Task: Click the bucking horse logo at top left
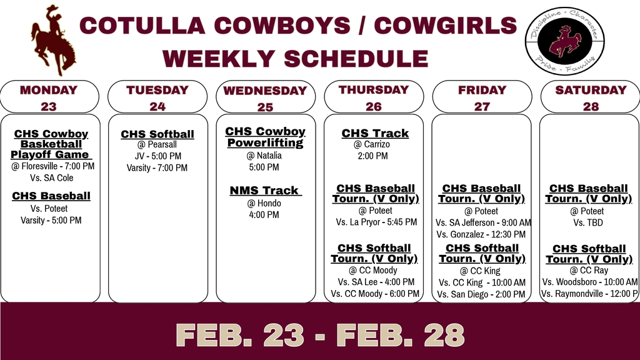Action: click(x=53, y=40)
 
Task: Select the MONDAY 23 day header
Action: click(x=49, y=97)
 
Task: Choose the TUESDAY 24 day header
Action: click(x=157, y=97)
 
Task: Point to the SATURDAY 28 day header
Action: click(x=590, y=97)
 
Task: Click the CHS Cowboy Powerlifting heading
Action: click(x=265, y=137)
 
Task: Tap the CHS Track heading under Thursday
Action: click(x=375, y=133)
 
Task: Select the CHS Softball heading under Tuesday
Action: click(x=157, y=134)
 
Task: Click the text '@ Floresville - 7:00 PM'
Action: click(x=52, y=166)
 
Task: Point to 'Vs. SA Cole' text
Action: click(x=52, y=177)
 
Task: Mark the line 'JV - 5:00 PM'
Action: click(x=157, y=156)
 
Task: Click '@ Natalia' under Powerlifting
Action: click(x=264, y=156)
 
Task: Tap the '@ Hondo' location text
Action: click(x=264, y=203)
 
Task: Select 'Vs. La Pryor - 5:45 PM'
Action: click(x=376, y=222)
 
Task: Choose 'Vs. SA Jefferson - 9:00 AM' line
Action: click(x=482, y=222)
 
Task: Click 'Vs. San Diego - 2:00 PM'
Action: click(x=481, y=294)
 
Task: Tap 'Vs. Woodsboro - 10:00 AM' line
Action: click(x=589, y=282)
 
